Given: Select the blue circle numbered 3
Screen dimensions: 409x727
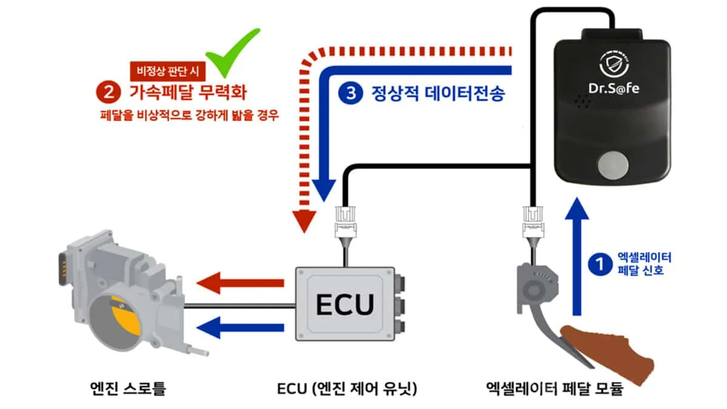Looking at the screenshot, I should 349,94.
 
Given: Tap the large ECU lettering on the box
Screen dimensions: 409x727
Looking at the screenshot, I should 345,305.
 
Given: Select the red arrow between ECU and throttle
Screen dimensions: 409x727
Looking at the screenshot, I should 241,282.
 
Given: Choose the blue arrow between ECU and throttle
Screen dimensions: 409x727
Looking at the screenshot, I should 241,328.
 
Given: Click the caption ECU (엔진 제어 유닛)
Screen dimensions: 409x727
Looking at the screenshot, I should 345,388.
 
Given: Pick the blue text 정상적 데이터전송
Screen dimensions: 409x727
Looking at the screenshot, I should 437,94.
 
